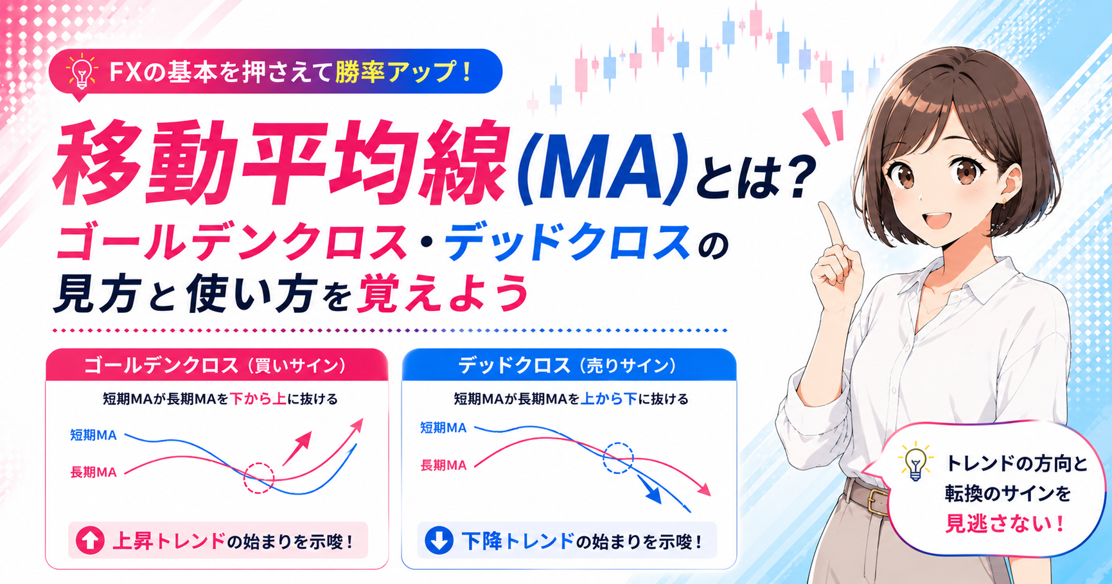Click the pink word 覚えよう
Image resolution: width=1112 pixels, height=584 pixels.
click(x=443, y=294)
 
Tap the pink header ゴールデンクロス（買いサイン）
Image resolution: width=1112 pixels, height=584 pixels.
click(x=216, y=366)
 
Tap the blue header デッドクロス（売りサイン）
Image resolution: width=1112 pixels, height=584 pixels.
click(x=568, y=366)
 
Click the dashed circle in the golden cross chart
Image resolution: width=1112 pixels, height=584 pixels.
click(x=259, y=463)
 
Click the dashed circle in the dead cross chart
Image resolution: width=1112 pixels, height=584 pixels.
click(x=618, y=443)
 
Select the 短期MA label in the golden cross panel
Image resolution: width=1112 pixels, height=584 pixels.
click(x=93, y=435)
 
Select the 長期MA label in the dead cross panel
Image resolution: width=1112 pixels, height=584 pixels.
click(x=443, y=465)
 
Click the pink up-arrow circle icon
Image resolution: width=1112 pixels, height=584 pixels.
click(x=90, y=540)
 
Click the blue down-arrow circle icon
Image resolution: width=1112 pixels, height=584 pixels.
click(x=439, y=540)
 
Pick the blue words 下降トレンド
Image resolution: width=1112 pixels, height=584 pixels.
click(x=518, y=541)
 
